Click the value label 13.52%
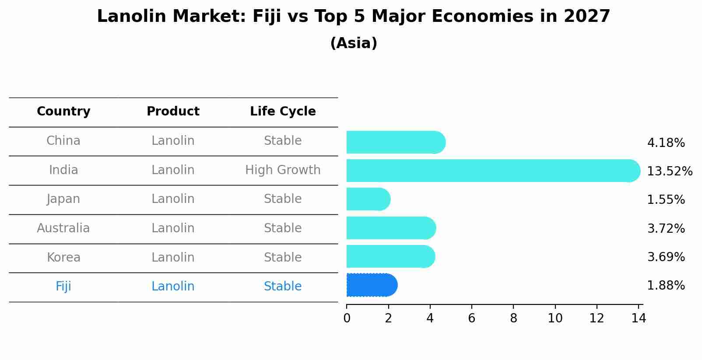pyautogui.click(x=670, y=171)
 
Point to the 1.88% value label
pyautogui.click(x=666, y=286)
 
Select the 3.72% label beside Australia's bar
pyautogui.click(x=666, y=228)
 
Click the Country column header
pyautogui.click(x=63, y=112)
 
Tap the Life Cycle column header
pyautogui.click(x=283, y=112)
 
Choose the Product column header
pyautogui.click(x=173, y=112)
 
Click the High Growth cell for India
pyautogui.click(x=283, y=170)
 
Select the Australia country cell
pyautogui.click(x=63, y=228)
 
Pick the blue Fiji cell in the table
pyautogui.click(x=63, y=287)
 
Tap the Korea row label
pyautogui.click(x=63, y=257)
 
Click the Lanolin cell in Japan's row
pyautogui.click(x=173, y=199)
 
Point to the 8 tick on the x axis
pyautogui.click(x=513, y=318)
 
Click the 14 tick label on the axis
pyautogui.click(x=639, y=318)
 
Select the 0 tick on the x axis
pyautogui.click(x=347, y=318)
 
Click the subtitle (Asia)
pyautogui.click(x=354, y=43)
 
